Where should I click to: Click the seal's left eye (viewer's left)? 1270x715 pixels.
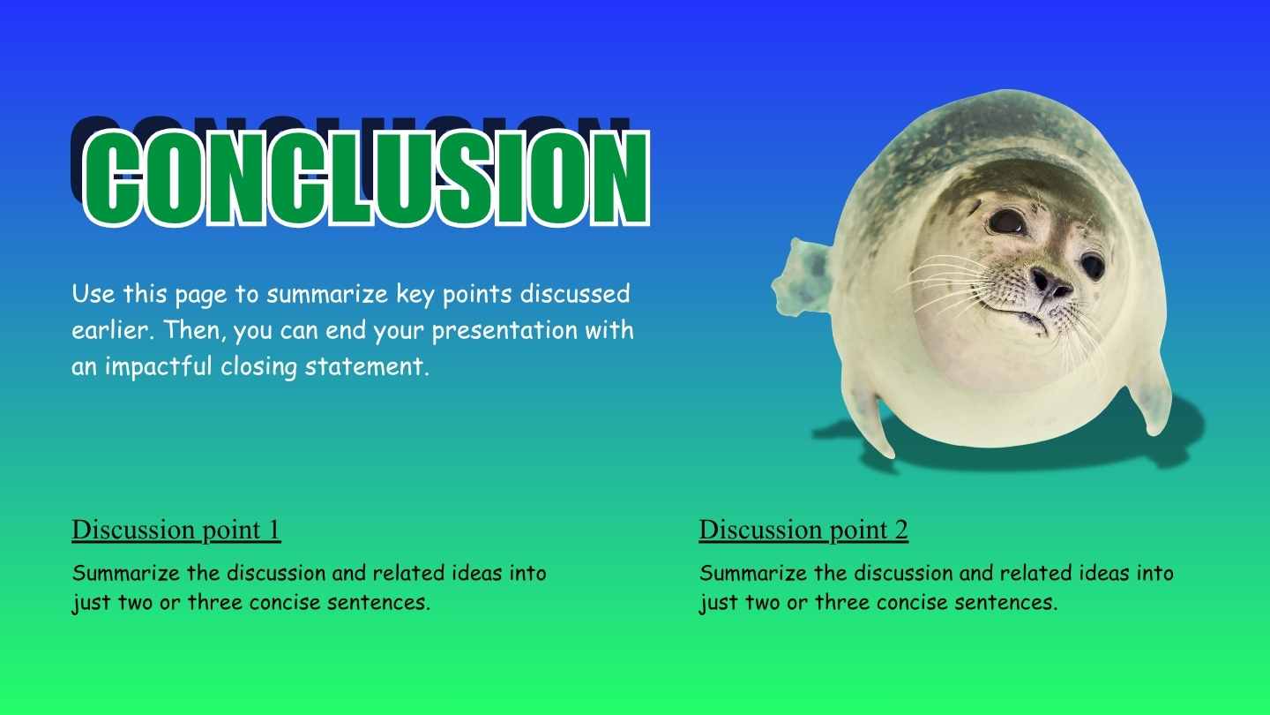click(x=1006, y=221)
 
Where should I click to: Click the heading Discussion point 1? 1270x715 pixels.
click(x=176, y=530)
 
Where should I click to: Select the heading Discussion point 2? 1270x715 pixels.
click(x=803, y=530)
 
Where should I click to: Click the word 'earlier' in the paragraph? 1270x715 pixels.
click(x=104, y=330)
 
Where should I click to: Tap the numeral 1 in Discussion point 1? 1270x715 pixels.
click(x=273, y=530)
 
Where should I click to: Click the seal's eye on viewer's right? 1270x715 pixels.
click(x=1092, y=264)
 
